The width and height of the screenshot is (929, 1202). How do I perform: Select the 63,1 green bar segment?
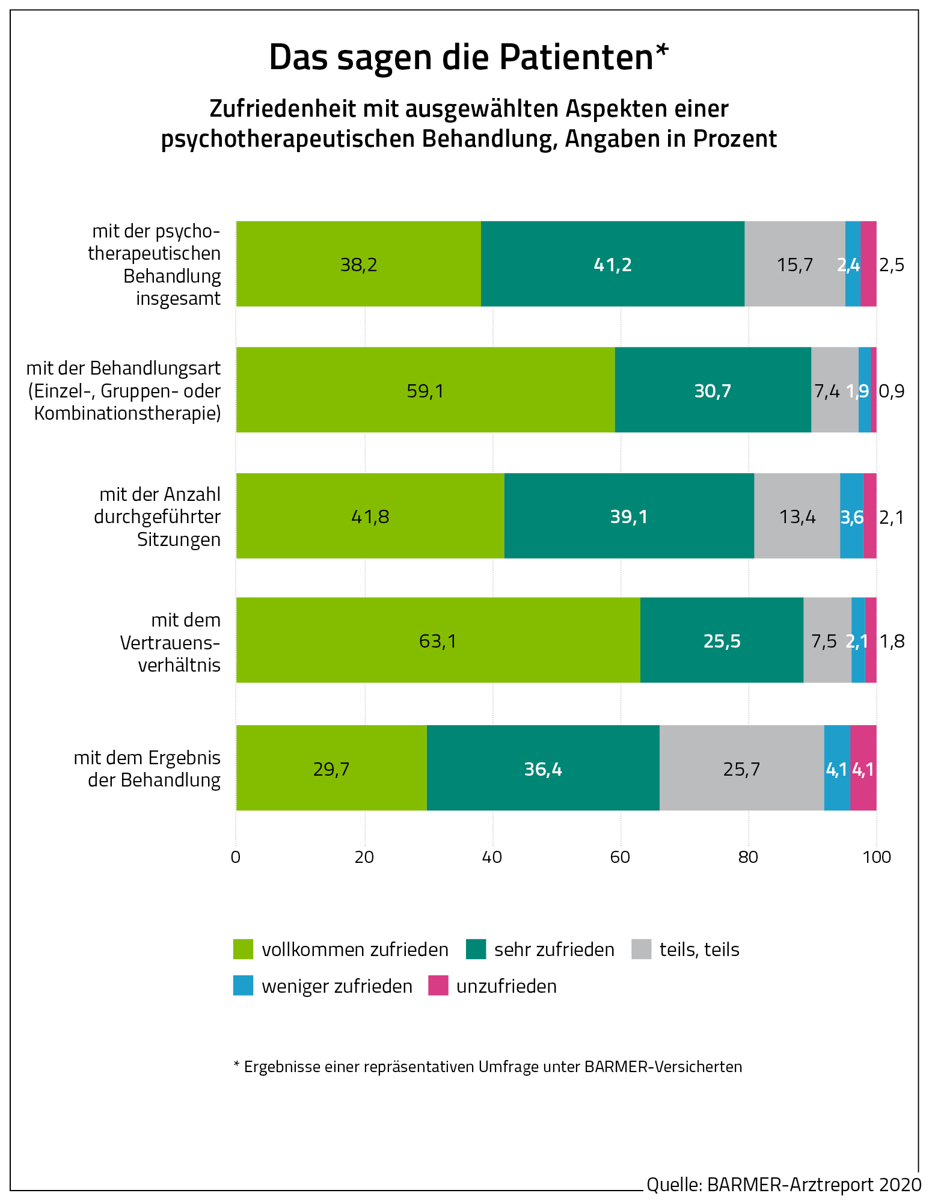pyautogui.click(x=438, y=640)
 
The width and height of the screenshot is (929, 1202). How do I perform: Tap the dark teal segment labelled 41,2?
pyautogui.click(x=612, y=264)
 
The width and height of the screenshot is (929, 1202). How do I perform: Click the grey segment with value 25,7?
pyautogui.click(x=741, y=768)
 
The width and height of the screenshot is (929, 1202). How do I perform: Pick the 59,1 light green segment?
pyautogui.click(x=425, y=390)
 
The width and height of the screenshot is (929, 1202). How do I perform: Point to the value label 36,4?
pyautogui.click(x=543, y=769)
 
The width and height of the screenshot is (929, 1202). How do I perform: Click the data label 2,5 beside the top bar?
pyautogui.click(x=892, y=265)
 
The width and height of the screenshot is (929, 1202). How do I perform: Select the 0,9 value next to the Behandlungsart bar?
pyautogui.click(x=892, y=391)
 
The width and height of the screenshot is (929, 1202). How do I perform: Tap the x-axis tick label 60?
pyautogui.click(x=620, y=857)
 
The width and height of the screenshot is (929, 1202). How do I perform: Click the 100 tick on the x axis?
pyautogui.click(x=876, y=857)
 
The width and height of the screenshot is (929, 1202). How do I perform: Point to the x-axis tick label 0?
pyautogui.click(x=236, y=857)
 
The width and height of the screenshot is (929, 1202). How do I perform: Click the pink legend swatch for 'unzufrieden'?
pyautogui.click(x=438, y=986)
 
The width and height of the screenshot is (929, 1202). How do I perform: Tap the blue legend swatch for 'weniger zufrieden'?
pyautogui.click(x=244, y=986)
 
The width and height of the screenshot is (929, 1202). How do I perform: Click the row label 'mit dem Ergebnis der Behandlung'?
pyautogui.click(x=147, y=768)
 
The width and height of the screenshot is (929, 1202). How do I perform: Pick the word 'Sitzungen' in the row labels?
pyautogui.click(x=179, y=539)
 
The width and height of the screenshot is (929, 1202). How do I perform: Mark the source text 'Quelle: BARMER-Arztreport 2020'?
pyautogui.click(x=783, y=1184)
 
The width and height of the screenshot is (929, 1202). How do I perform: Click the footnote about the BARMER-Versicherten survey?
pyautogui.click(x=488, y=1067)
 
